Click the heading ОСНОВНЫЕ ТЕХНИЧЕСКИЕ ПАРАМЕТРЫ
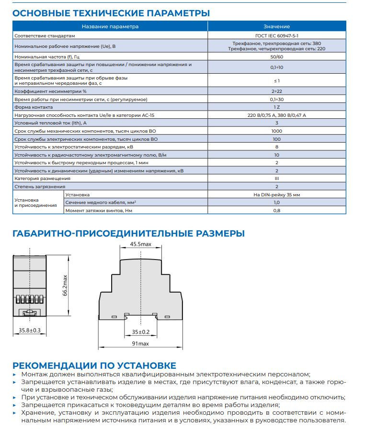111,13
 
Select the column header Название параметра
110,26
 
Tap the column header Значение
276,26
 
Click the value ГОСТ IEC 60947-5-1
276,35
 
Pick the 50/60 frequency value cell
276,57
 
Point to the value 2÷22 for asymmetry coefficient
276,91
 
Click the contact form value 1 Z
276,107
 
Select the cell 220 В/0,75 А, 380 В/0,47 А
276,115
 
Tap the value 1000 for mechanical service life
276,131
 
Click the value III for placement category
276,178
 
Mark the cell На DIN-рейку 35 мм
276,195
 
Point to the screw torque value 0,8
276,211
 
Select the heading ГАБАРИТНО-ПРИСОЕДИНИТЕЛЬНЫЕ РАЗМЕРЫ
128,234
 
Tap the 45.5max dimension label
140,244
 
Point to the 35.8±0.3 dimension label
30,330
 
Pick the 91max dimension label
140,343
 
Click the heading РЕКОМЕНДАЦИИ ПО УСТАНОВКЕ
94,365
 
